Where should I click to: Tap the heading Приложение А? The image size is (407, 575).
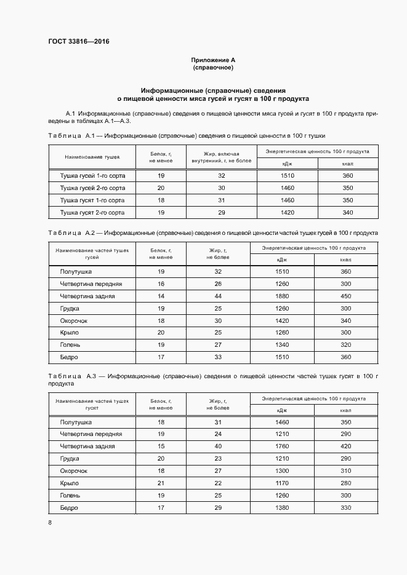tap(213, 60)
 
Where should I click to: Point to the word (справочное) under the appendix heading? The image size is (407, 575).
tap(213, 67)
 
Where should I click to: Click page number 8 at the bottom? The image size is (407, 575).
tap(50, 522)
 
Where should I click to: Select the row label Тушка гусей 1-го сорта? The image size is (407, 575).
tap(92, 175)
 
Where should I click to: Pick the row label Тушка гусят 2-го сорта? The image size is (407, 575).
tap(92, 212)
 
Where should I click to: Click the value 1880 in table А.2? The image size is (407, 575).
tap(282, 296)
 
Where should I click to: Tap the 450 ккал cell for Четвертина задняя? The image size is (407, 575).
tap(345, 296)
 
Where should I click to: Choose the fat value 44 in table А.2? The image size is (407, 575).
tap(218, 296)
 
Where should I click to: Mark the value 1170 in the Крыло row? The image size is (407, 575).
tap(282, 483)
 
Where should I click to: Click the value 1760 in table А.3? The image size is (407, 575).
tap(282, 446)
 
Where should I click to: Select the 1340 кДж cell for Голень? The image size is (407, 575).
tap(282, 344)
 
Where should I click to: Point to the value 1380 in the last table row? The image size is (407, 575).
tap(282, 507)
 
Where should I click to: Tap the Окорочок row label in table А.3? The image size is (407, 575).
tap(74, 470)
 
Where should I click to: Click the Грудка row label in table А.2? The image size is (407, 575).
tap(70, 308)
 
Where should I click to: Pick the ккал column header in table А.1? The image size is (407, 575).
tap(347, 164)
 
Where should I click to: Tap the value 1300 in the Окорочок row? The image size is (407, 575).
tap(282, 470)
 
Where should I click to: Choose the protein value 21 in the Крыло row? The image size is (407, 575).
tap(161, 483)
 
